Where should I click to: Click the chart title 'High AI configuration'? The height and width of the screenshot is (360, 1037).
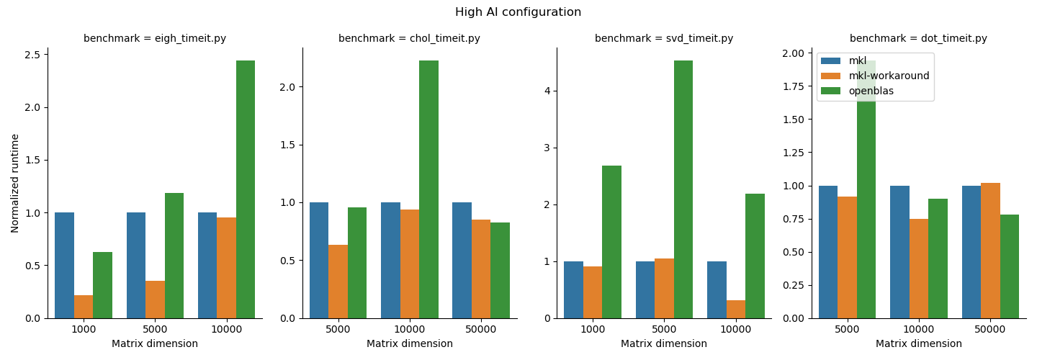coord(518,12)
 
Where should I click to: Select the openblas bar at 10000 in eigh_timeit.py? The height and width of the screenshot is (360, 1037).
coord(246,189)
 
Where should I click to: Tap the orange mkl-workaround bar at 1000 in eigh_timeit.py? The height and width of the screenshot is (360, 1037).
coord(84,307)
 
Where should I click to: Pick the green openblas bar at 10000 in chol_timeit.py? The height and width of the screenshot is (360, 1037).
coord(428,189)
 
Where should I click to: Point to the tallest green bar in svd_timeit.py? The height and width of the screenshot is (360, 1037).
coord(683,189)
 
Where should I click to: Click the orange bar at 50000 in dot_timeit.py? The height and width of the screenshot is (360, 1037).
coord(990,251)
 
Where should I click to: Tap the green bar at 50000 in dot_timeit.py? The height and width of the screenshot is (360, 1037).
coord(1010,266)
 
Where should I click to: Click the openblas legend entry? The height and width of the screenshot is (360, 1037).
coord(871,91)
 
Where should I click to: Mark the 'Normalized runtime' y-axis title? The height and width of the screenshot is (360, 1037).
coord(15,183)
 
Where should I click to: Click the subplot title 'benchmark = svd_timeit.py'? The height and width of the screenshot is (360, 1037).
coord(664,39)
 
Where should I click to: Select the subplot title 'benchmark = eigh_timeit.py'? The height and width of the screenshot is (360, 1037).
coord(155,39)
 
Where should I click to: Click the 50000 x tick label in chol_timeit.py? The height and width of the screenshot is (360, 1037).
coord(480,329)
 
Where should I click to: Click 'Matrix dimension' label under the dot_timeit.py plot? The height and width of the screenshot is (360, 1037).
coord(918,344)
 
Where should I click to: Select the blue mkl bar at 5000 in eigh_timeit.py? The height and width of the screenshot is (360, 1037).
coord(136,266)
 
